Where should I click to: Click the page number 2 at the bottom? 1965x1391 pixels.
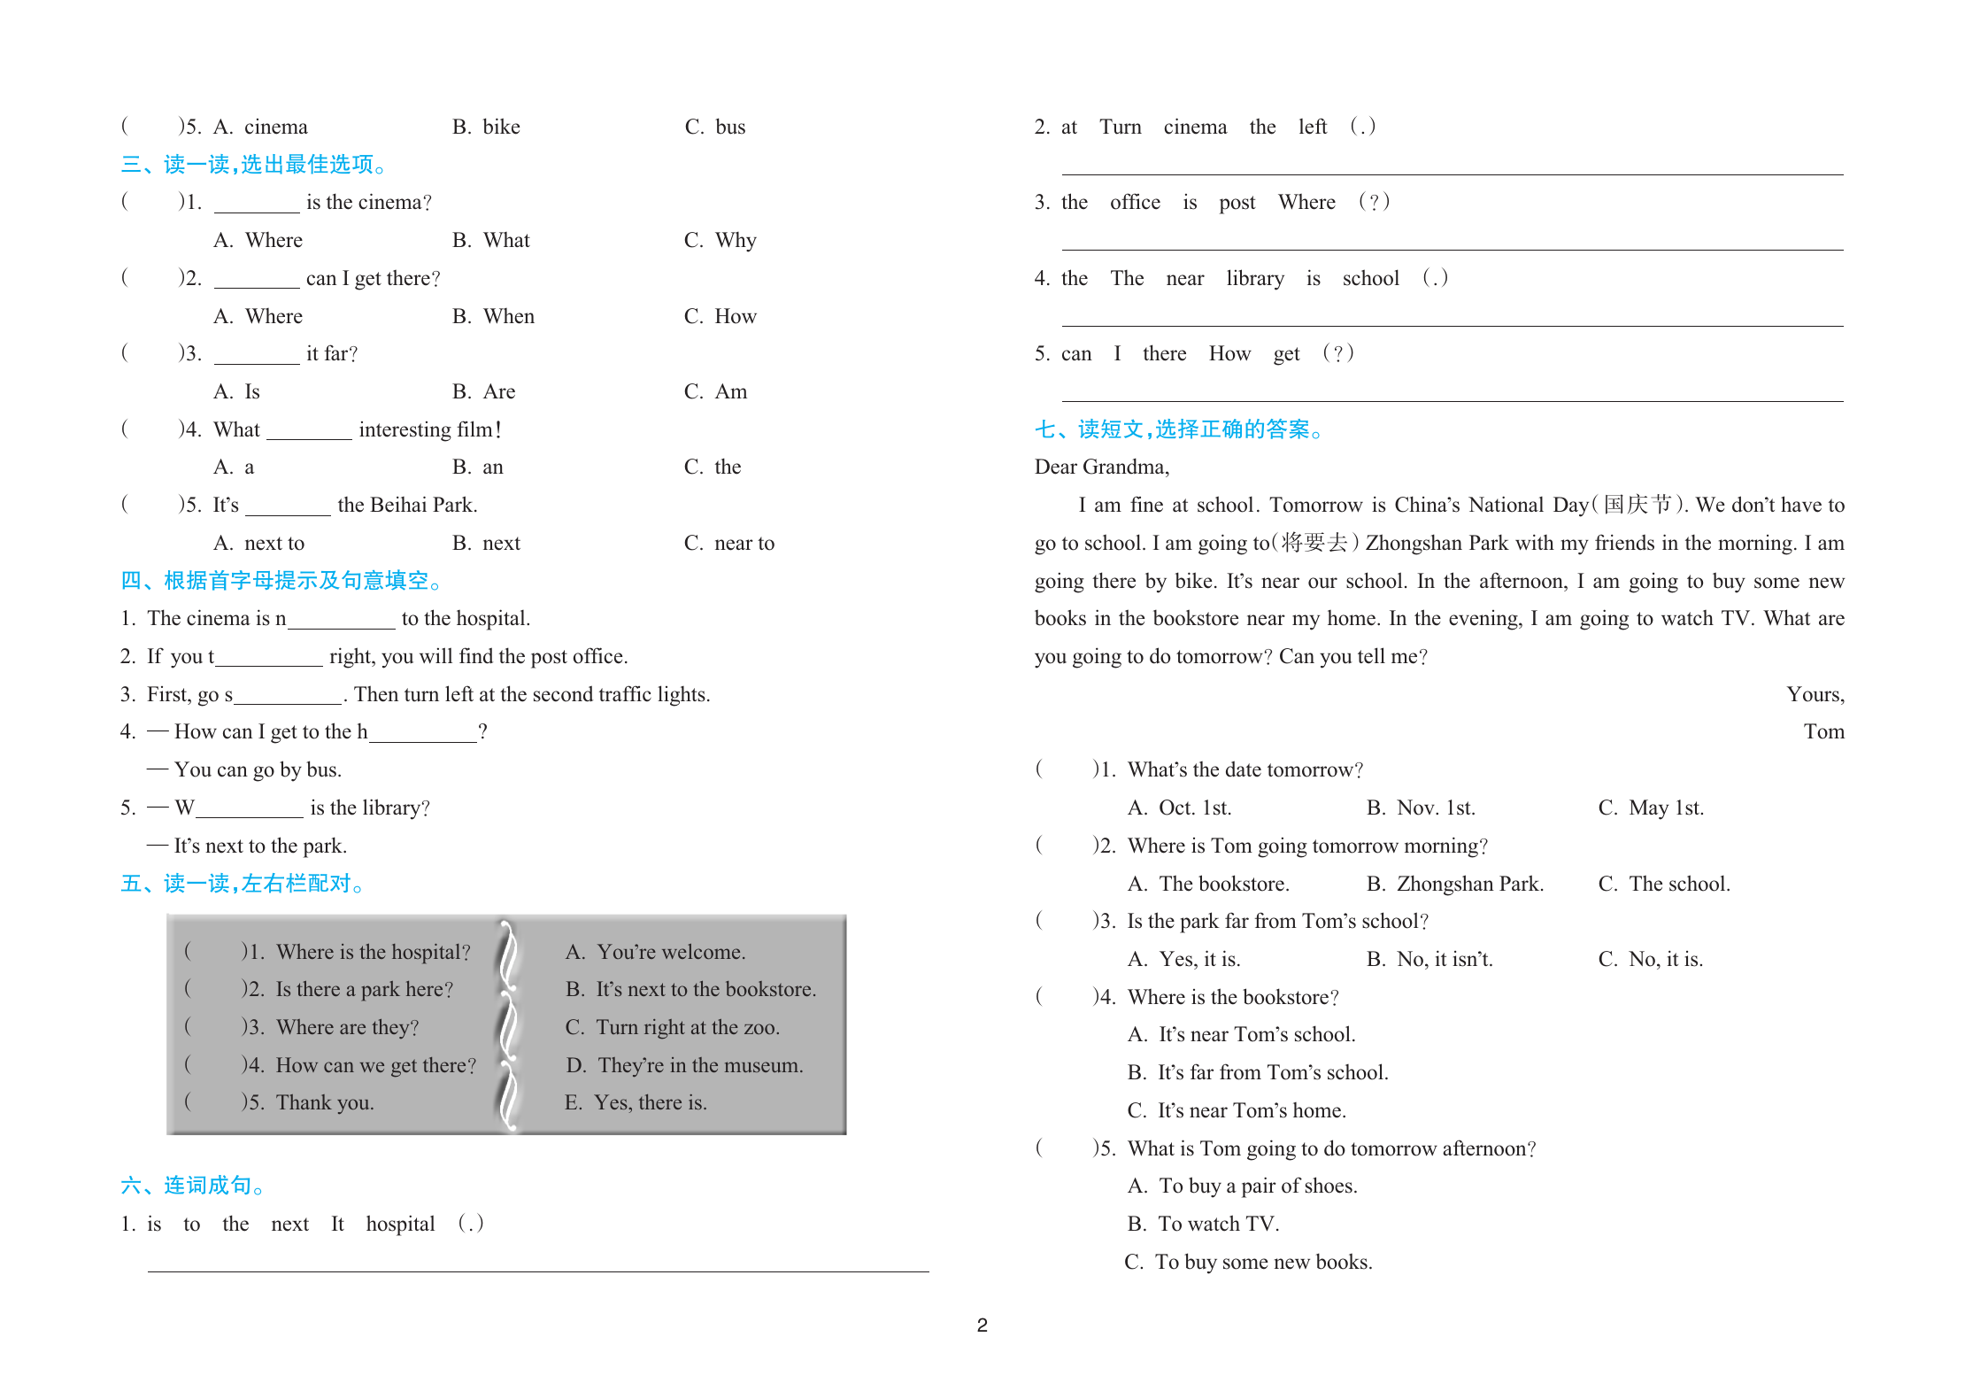pyautogui.click(x=982, y=1325)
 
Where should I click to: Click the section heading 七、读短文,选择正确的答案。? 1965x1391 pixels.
pyautogui.click(x=1179, y=429)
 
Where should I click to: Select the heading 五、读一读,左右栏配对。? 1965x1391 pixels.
pyautogui.click(x=243, y=884)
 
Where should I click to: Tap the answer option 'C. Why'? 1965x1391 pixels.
pyautogui.click(x=720, y=240)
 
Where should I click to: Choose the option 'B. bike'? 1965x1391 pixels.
pyautogui.click(x=486, y=127)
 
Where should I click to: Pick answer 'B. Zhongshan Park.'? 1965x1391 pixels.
pyautogui.click(x=1454, y=884)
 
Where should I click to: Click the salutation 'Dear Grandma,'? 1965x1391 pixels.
pyautogui.click(x=1101, y=467)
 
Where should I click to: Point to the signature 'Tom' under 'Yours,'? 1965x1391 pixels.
pyautogui.click(x=1823, y=731)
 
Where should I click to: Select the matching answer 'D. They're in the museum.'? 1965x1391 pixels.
pyautogui.click(x=684, y=1065)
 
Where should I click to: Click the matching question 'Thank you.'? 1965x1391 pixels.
pyautogui.click(x=324, y=1102)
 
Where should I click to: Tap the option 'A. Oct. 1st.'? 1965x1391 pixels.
pyautogui.click(x=1179, y=808)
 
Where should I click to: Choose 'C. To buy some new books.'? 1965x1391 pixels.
pyautogui.click(x=1248, y=1262)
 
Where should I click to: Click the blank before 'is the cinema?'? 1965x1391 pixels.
pyautogui.click(x=257, y=204)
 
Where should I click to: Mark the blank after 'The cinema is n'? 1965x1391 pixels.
pyautogui.click(x=341, y=620)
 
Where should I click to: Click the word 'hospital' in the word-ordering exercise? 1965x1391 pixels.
pyautogui.click(x=400, y=1224)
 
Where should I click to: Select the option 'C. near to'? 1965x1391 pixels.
pyautogui.click(x=728, y=543)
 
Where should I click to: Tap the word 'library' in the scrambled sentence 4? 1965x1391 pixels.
pyautogui.click(x=1254, y=278)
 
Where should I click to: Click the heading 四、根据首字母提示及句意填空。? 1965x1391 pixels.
pyautogui.click(x=281, y=581)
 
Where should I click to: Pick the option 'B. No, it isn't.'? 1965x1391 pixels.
pyautogui.click(x=1429, y=959)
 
